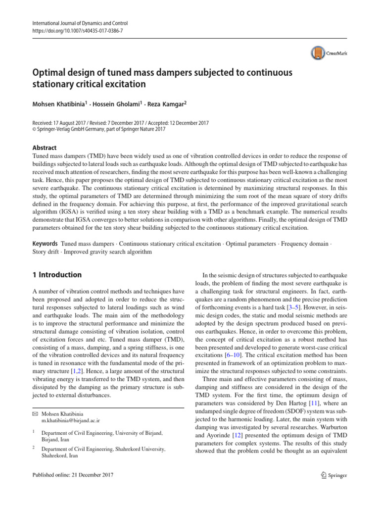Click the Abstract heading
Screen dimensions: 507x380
44,148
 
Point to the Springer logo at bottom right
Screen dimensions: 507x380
334,475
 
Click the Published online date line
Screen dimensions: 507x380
73,475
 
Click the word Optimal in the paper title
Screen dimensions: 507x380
53,72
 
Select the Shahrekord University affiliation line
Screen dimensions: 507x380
102,449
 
